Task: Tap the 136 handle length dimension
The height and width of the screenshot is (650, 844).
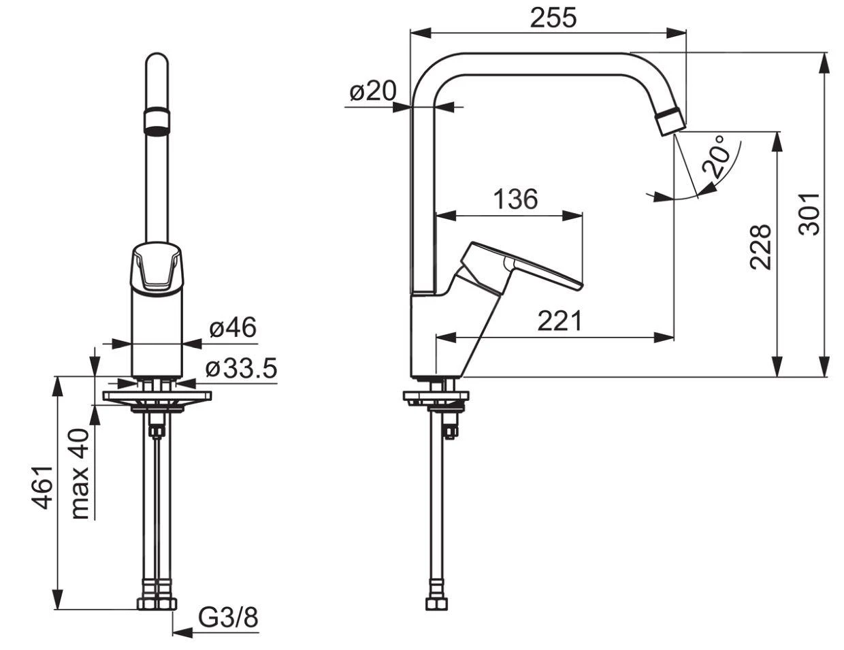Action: pos(515,199)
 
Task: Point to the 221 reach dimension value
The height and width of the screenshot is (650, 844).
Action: pos(559,321)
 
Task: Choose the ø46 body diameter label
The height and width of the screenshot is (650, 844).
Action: pos(233,328)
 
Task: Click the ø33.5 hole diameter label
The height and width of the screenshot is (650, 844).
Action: pos(241,369)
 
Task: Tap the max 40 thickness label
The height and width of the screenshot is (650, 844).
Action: pos(80,474)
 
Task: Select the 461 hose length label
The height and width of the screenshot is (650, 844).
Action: pos(42,487)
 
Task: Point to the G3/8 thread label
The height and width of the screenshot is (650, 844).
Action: pos(229,618)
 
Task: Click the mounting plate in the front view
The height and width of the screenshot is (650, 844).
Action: pos(157,395)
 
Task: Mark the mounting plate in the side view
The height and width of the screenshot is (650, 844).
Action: pos(436,395)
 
